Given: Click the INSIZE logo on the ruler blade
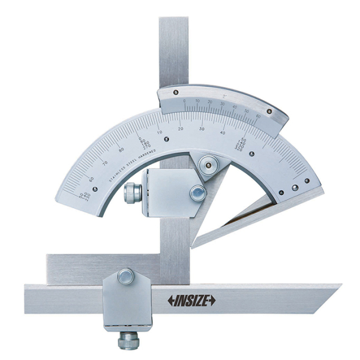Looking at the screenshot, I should click(x=191, y=301).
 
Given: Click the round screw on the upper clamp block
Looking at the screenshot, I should click(x=197, y=193).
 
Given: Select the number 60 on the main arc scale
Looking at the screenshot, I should click(x=91, y=179).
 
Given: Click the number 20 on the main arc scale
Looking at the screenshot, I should click(x=181, y=129).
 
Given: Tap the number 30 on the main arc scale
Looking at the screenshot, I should click(x=202, y=129).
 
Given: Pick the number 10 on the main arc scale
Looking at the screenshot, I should click(x=160, y=132).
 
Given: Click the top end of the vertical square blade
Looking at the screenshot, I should click(x=174, y=21).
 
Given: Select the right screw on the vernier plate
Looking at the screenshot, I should click(x=269, y=112).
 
